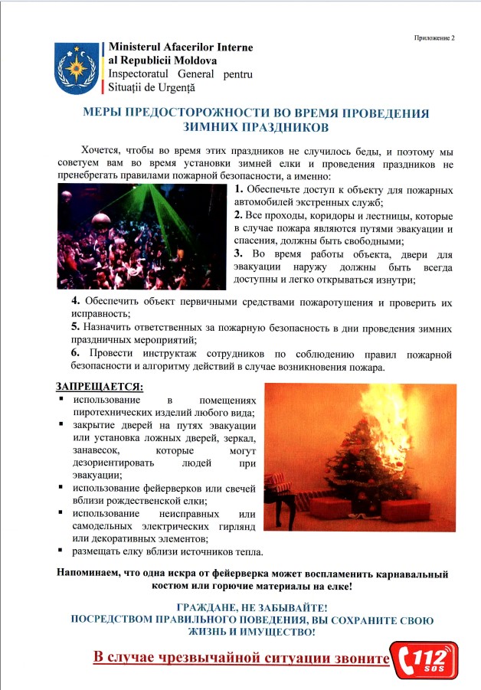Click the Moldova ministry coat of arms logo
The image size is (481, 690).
click(75, 67)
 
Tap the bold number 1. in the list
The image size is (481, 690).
click(239, 188)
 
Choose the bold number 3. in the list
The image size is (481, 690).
click(239, 253)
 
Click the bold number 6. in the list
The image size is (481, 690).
click(75, 354)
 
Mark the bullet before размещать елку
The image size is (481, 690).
click(61, 551)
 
